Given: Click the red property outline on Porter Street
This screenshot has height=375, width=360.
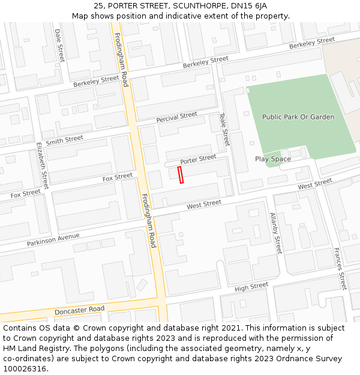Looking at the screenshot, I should [x=181, y=175].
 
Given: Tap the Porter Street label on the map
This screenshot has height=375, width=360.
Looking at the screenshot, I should [x=198, y=160].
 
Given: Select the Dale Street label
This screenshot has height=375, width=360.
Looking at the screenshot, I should [x=59, y=45].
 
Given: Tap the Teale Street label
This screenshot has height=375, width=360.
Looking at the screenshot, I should [x=224, y=130].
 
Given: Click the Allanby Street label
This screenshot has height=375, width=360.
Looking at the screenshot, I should [x=275, y=233].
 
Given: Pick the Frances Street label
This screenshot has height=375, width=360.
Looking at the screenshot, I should [x=340, y=268].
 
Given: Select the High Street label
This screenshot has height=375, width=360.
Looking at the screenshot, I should [x=251, y=287].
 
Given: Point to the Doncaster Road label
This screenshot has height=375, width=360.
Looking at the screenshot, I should [x=79, y=311].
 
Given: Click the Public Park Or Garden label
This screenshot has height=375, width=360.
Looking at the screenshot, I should [x=298, y=117].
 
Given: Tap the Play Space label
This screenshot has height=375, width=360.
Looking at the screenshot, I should [x=272, y=159].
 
